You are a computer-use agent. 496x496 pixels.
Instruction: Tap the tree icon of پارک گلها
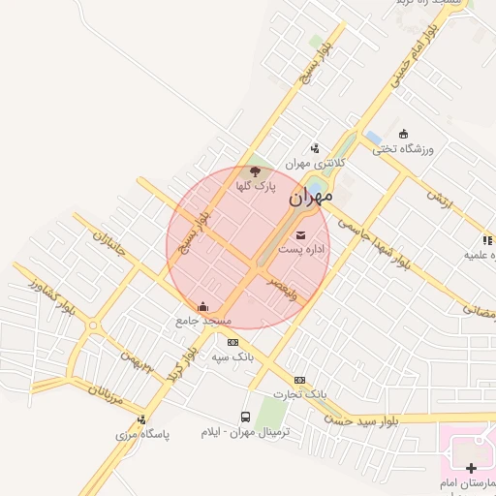(256, 171)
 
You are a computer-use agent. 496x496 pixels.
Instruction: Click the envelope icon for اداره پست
(299, 234)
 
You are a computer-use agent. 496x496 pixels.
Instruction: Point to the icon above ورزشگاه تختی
(404, 135)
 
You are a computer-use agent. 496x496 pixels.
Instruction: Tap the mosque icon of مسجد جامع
(202, 307)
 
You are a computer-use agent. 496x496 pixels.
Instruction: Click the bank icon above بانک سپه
(232, 342)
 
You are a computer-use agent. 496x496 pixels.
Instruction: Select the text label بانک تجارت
(300, 394)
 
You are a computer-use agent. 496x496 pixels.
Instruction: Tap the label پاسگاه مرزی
(143, 434)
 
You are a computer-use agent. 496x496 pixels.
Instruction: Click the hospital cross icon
(472, 468)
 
